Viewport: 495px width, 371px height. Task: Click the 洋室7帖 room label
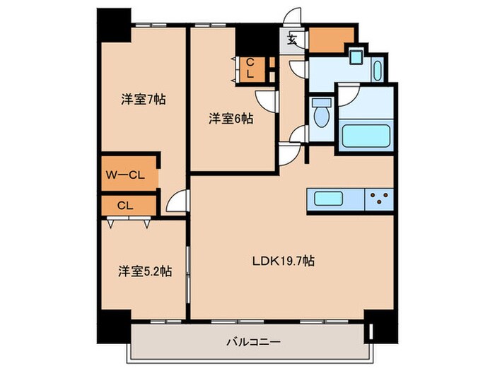click(x=142, y=100)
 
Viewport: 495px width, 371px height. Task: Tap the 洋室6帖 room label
click(x=231, y=119)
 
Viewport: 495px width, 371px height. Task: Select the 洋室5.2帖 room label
click(x=144, y=271)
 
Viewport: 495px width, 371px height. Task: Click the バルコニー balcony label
click(x=252, y=342)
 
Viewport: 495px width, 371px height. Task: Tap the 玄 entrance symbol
click(x=291, y=40)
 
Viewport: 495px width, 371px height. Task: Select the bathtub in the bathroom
click(x=366, y=136)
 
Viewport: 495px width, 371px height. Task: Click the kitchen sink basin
click(x=330, y=199)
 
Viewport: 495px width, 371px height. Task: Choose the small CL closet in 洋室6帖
click(x=249, y=69)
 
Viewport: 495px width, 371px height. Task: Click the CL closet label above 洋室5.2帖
click(x=125, y=206)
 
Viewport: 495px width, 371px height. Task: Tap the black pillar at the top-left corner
click(x=112, y=22)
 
